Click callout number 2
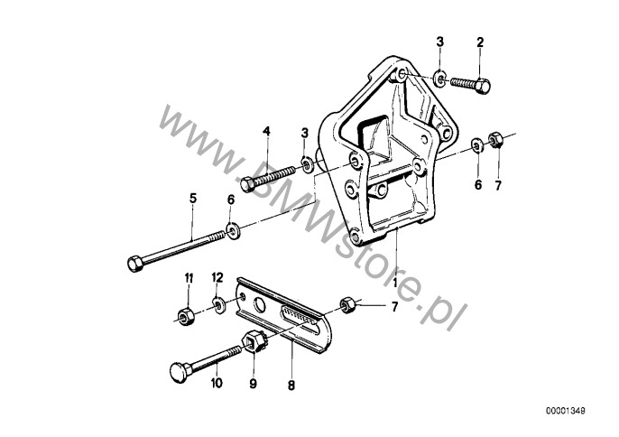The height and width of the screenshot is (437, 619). [480, 42]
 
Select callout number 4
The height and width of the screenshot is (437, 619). [267, 131]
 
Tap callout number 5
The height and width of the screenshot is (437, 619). [193, 199]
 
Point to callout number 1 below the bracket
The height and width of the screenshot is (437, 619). [395, 282]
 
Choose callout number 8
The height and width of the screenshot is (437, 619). [291, 386]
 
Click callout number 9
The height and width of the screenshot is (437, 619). [253, 383]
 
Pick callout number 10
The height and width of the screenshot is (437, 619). [217, 383]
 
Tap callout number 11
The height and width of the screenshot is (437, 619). [189, 278]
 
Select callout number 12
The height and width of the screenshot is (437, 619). [217, 278]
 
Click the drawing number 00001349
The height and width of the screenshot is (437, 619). [566, 411]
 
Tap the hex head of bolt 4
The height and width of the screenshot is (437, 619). [247, 185]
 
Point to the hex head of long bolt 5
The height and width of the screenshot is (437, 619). [135, 264]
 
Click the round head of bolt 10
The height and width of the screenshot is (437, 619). [179, 372]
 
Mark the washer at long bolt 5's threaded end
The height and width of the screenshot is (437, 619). [232, 231]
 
